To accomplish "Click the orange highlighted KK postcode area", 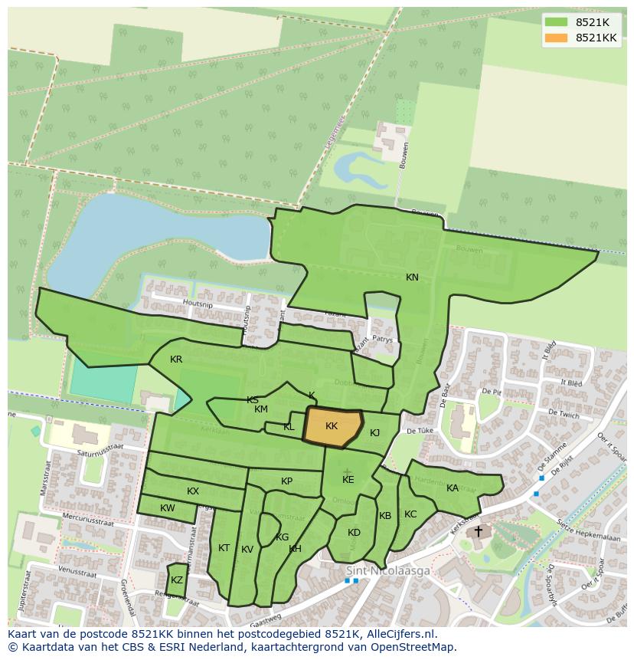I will (332, 426).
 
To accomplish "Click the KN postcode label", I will (412, 277).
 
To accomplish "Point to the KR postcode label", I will (176, 360).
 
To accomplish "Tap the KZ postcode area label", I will (177, 580).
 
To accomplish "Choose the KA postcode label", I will (453, 488).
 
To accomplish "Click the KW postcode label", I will (168, 508).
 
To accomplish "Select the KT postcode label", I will (224, 548).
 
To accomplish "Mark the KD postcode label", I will (354, 533).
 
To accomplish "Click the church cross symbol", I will (479, 530).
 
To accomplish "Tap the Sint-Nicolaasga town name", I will (388, 571).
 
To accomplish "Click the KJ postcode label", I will (374, 433).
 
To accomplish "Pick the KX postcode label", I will (193, 491).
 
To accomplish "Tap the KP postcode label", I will (286, 481).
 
